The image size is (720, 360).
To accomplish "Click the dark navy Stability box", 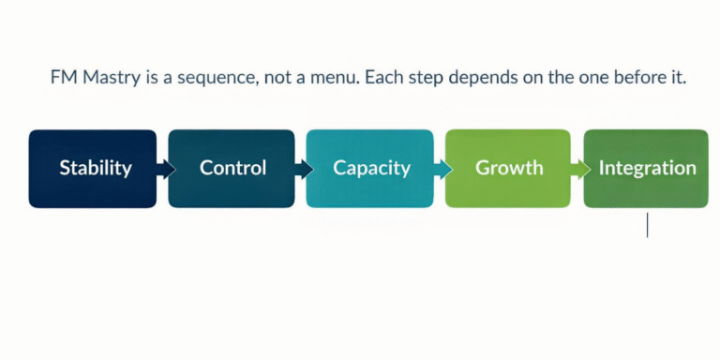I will point(93,169).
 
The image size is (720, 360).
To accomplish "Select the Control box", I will point(232,169).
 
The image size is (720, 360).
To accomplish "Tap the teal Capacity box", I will point(370,169).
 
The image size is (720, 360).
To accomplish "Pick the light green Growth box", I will point(508,169).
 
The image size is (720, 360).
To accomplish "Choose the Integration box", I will point(646,169).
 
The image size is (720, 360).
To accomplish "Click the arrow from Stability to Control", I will point(164,170).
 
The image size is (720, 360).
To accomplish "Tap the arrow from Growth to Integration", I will point(578,170).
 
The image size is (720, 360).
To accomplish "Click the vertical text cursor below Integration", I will point(647,225).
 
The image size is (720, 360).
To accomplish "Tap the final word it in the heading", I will point(679,78).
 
